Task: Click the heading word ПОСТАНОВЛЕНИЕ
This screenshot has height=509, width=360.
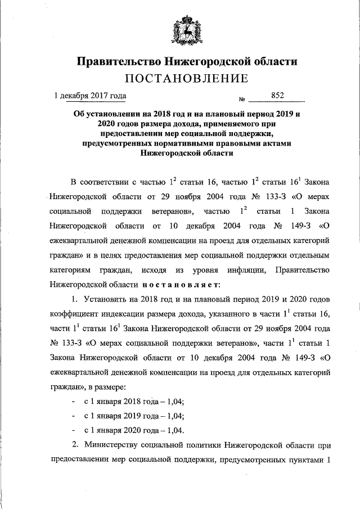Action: (x=186, y=78)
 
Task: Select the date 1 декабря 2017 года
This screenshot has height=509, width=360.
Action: (x=90, y=96)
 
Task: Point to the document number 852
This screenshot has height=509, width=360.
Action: (x=277, y=96)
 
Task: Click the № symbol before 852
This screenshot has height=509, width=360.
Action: (x=242, y=98)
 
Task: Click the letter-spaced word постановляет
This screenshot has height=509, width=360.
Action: (x=181, y=285)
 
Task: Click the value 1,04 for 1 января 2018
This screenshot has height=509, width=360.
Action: (x=177, y=402)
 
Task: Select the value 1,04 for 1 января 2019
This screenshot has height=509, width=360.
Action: (x=177, y=416)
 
